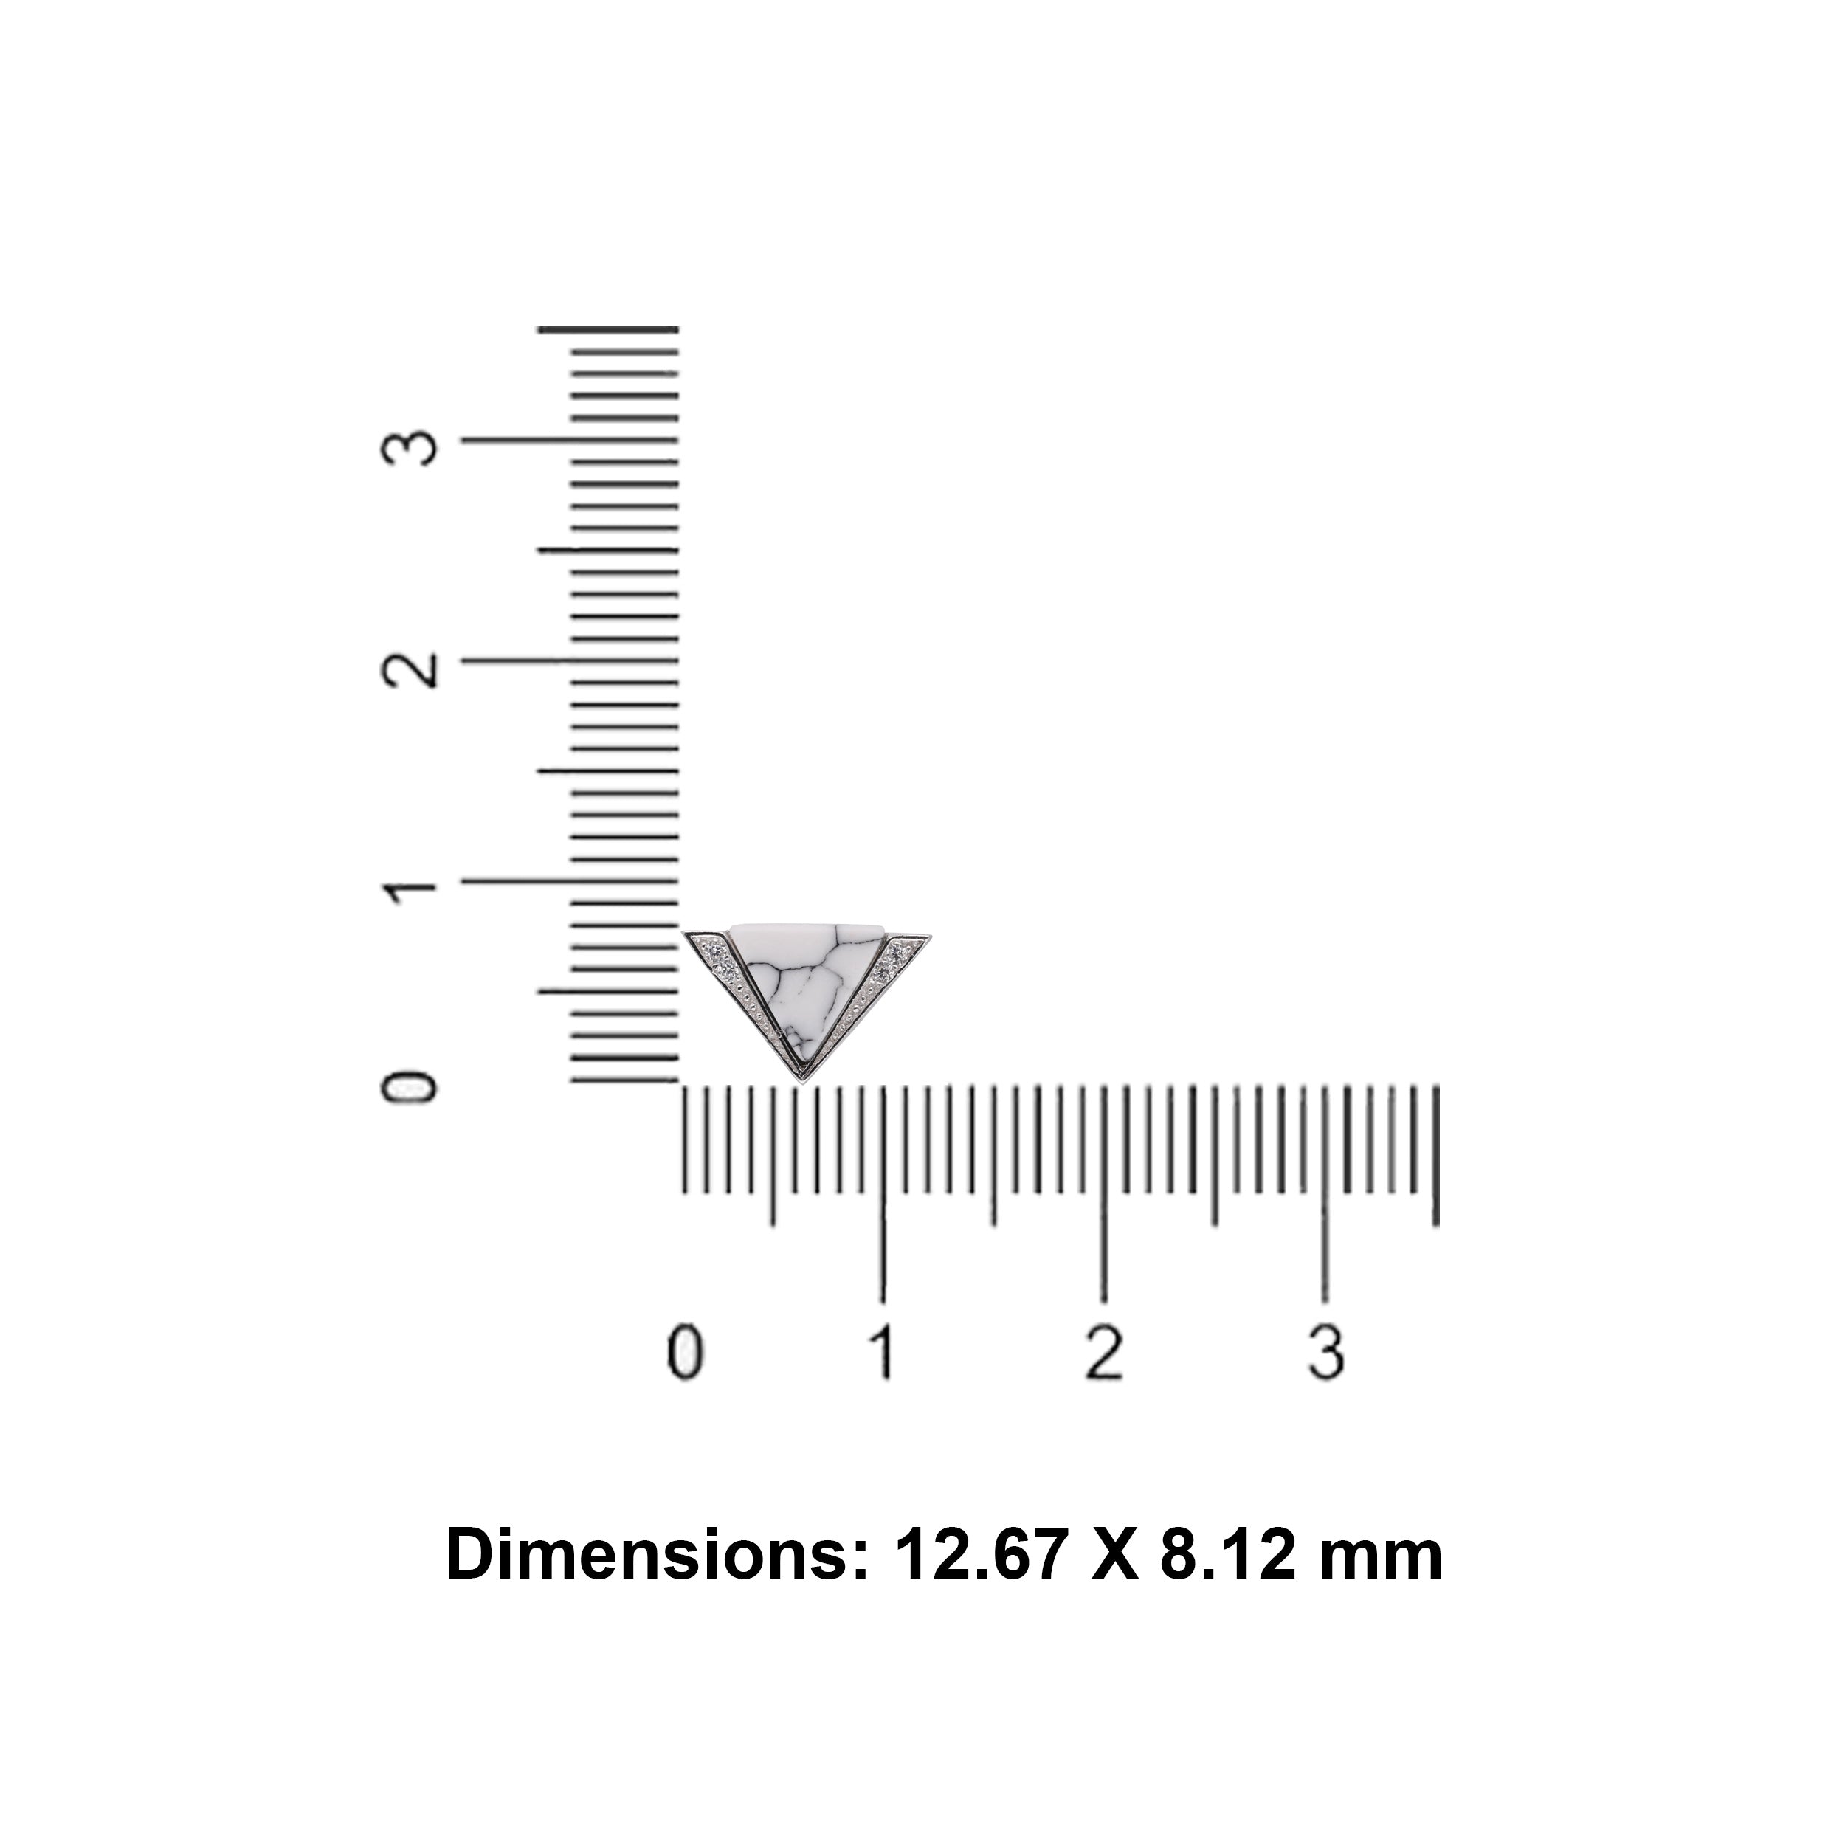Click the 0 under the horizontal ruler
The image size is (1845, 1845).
[x=685, y=1353]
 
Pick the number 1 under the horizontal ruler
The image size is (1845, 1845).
[x=883, y=1353]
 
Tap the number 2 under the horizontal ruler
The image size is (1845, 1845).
[x=1104, y=1353]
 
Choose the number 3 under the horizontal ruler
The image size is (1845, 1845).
[x=1325, y=1353]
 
